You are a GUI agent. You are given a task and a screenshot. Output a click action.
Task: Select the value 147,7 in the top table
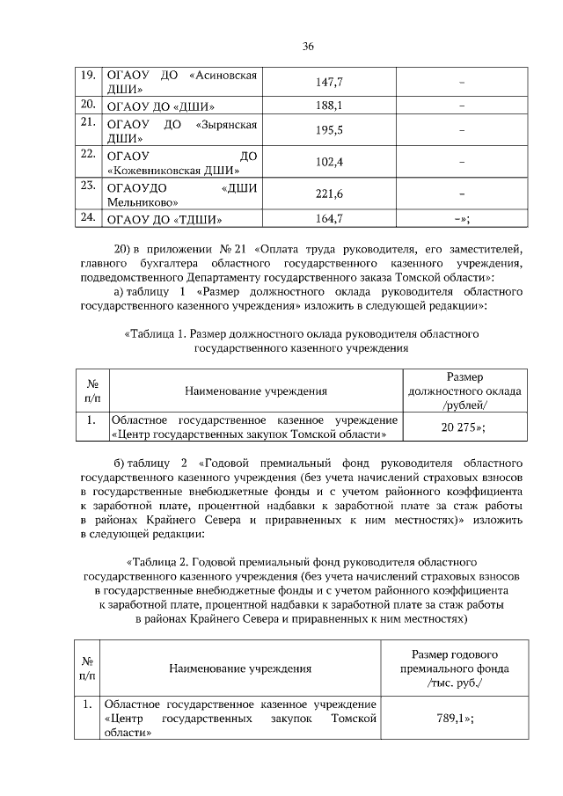tap(328, 82)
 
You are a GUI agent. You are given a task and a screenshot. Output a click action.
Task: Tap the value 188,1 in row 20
tap(328, 106)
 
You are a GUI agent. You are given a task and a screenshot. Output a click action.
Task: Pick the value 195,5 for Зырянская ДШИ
tap(328, 130)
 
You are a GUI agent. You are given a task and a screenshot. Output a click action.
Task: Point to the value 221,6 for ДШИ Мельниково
tap(328, 194)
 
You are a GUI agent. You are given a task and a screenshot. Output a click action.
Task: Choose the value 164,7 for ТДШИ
tap(328, 218)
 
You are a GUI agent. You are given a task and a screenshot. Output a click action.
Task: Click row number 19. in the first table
tap(87, 75)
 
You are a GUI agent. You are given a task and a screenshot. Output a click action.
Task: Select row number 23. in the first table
tap(87, 186)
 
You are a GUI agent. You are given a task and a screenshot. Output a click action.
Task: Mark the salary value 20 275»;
tap(463, 427)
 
